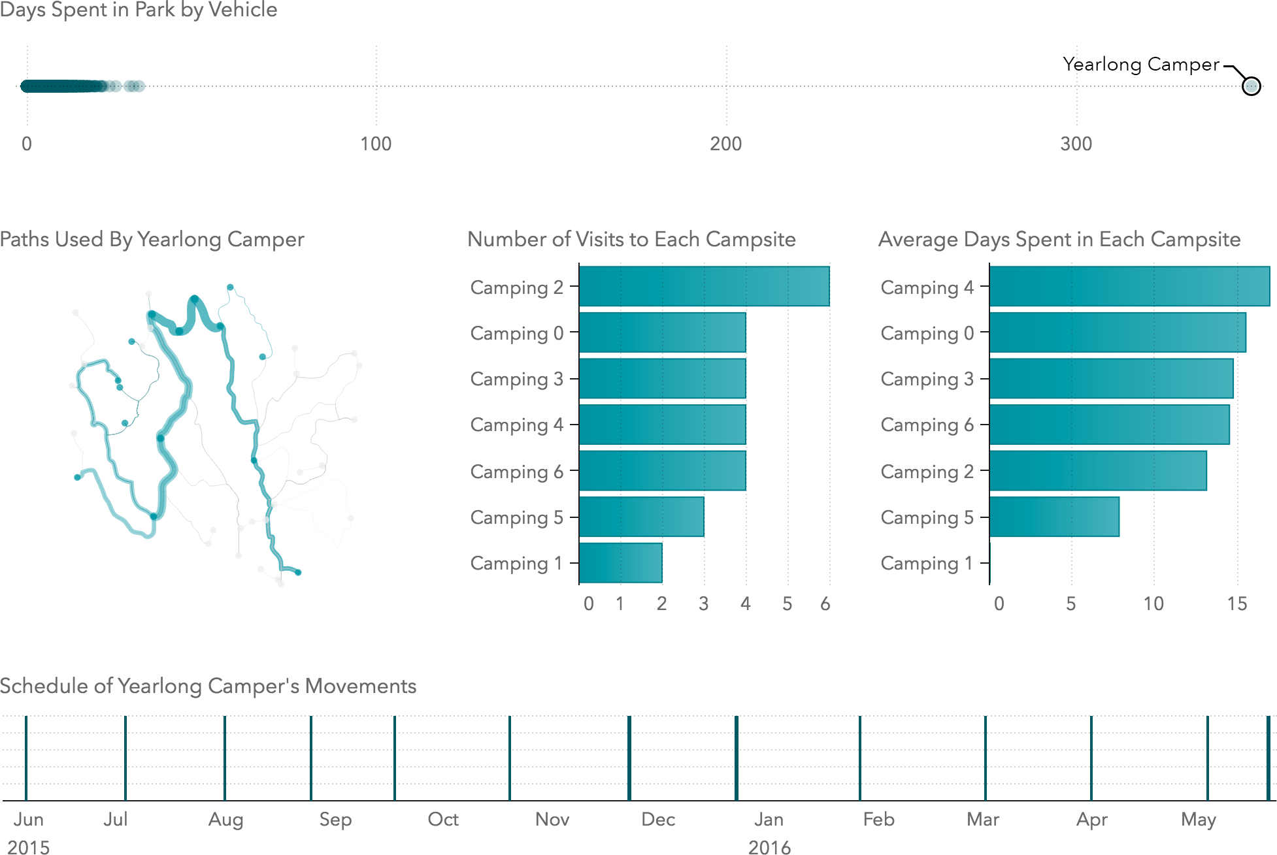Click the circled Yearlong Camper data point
coord(1251,86)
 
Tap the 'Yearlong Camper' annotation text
coord(1140,64)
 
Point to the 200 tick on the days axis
coord(726,144)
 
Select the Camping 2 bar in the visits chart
coord(704,286)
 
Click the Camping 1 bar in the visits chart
coord(620,562)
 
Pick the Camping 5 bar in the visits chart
coord(641,517)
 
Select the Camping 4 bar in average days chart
coord(1129,286)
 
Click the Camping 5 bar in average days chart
coord(1054,517)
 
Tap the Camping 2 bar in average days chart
coord(1098,471)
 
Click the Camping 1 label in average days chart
coord(927,563)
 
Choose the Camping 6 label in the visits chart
coord(516,472)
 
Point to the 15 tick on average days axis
coord(1236,604)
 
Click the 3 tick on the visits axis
coord(703,604)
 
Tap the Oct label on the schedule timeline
coord(443,819)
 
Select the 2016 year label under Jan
coord(769,847)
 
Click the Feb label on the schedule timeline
coord(878,819)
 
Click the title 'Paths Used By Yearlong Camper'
coord(152,239)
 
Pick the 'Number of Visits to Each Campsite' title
coord(631,239)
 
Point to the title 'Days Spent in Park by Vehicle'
coord(139,10)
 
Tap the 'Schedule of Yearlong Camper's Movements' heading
coord(208,686)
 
